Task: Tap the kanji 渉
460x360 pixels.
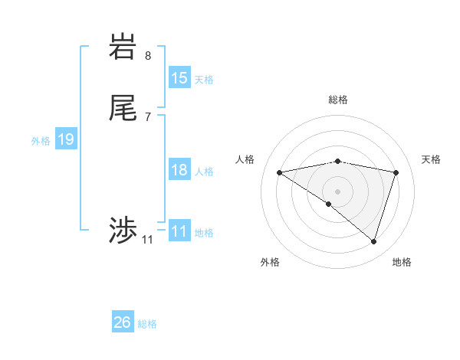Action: tap(123, 231)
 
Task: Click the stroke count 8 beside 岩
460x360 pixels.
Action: tap(148, 55)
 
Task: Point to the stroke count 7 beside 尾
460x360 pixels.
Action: tap(148, 116)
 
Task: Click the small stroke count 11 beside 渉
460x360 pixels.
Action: tap(147, 240)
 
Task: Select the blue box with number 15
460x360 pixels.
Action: tap(179, 78)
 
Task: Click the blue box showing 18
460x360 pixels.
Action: tap(179, 170)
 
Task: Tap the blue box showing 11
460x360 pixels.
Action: tap(179, 231)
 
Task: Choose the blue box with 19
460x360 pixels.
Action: tap(66, 139)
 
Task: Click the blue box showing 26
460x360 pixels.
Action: tap(123, 322)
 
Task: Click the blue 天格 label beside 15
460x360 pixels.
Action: tap(204, 79)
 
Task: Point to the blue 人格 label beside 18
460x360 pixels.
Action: tap(204, 171)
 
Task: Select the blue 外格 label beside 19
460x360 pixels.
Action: tap(41, 140)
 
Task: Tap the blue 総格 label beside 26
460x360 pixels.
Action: tap(147, 323)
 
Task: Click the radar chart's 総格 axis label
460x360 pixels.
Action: tap(337, 100)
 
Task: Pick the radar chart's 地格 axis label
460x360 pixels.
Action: tap(402, 262)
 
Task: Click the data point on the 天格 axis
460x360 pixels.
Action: tap(396, 172)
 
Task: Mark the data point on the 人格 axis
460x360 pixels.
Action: tap(280, 172)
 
